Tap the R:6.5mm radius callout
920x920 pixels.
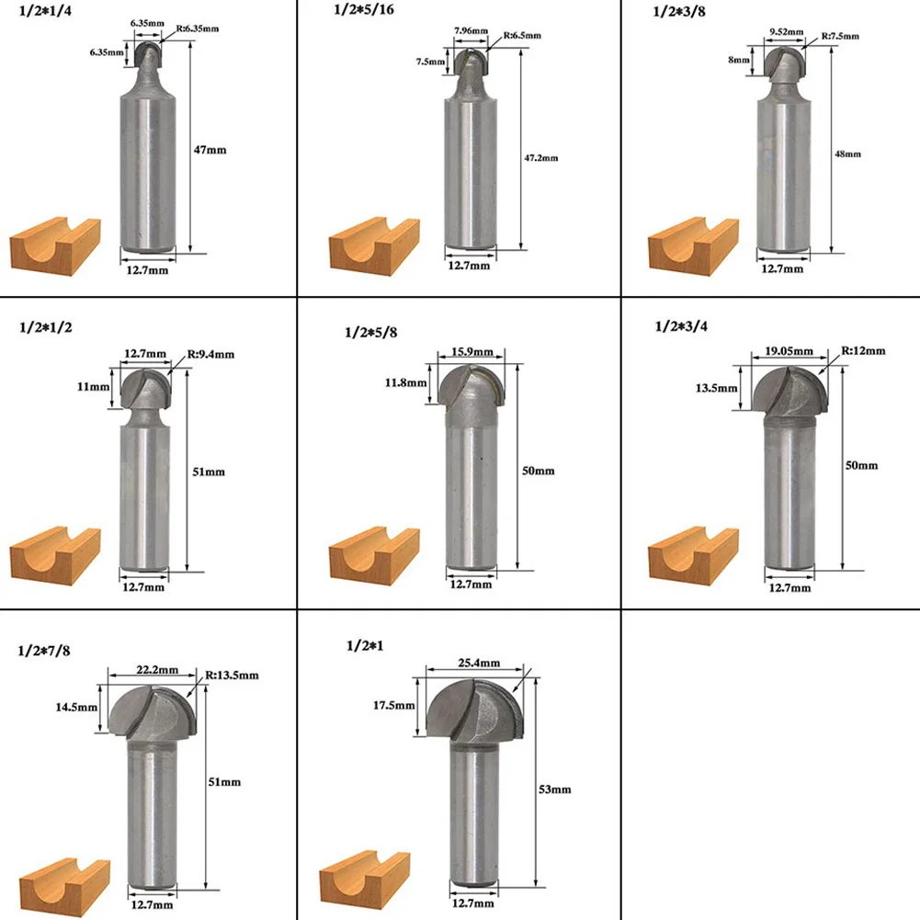521,36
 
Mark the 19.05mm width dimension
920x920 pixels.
789,351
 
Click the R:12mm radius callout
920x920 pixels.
865,350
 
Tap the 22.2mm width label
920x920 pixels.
153,673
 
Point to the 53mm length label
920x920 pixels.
556,789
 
